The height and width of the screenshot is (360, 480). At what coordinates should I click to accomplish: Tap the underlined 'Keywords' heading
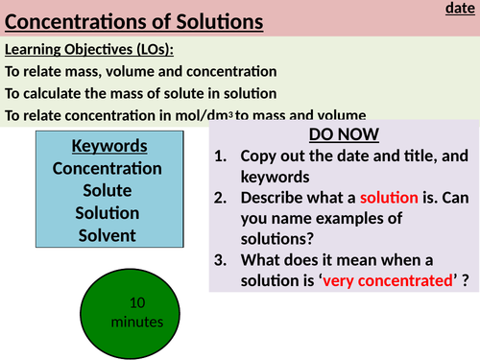tap(108, 146)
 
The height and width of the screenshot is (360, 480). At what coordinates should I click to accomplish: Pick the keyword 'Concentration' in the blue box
tap(108, 168)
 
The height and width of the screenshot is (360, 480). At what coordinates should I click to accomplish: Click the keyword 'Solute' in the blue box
tap(108, 190)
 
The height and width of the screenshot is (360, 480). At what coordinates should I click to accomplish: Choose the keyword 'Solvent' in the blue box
tap(108, 234)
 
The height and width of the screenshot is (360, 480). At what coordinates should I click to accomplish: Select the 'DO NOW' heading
tap(345, 135)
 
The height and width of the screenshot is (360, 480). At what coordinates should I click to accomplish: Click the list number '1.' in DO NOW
tap(221, 155)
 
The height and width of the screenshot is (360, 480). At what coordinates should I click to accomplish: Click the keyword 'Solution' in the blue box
tap(108, 212)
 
